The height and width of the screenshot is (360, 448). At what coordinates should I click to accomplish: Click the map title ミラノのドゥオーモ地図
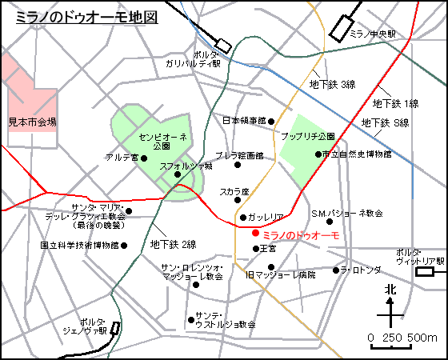[86, 17]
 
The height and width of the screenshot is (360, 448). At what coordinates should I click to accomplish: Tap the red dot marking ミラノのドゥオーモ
[255, 234]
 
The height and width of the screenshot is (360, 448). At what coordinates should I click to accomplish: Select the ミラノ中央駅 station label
[372, 34]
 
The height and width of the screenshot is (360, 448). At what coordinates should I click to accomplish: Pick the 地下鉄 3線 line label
[332, 84]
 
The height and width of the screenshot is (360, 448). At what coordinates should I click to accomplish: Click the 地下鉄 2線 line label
[174, 244]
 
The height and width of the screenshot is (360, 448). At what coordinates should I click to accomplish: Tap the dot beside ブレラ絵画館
[237, 166]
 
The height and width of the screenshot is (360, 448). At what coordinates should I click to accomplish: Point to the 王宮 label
[269, 249]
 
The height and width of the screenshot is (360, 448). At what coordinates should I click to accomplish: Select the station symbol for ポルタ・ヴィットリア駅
[426, 272]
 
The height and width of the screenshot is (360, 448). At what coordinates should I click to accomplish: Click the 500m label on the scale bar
[422, 338]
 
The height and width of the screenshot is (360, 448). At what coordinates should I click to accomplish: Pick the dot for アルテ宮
[145, 158]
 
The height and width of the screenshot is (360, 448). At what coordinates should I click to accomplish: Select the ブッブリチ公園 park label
[308, 137]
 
